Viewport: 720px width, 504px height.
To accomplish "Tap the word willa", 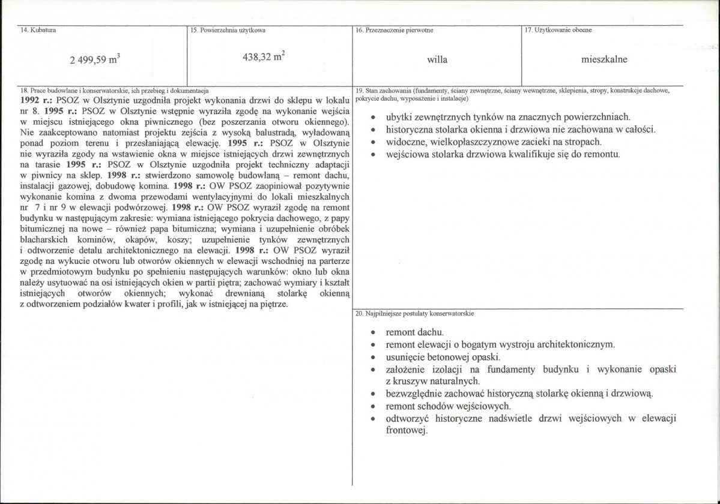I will point(437,60).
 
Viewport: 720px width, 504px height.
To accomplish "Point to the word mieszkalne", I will point(604,60).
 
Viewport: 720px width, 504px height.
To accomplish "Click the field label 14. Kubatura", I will point(34,29).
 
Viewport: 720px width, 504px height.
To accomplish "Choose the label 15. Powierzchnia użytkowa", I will point(228,29).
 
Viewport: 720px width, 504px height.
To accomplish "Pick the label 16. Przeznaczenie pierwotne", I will point(395,29).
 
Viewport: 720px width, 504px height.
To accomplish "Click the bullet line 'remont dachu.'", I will point(415,332).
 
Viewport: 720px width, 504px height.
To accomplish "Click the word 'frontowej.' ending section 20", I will point(407,431).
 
